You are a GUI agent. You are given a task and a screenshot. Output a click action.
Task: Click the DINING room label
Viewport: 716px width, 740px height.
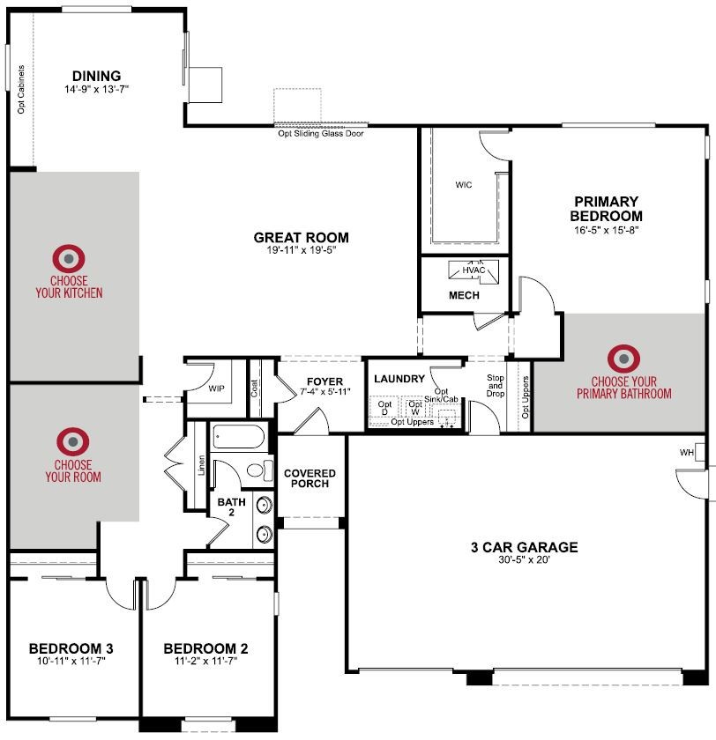coord(97,76)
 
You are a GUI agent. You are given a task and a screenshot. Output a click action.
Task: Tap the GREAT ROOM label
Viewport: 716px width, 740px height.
coord(301,237)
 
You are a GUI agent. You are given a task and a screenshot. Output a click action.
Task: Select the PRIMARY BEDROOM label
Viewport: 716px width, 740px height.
coord(605,209)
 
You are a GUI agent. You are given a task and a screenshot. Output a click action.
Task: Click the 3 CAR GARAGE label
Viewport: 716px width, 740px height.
coord(524,547)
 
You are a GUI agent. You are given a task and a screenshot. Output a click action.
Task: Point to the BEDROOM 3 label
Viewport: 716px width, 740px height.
coord(71,649)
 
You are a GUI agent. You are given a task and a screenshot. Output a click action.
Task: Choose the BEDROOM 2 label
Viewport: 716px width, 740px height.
coord(206,649)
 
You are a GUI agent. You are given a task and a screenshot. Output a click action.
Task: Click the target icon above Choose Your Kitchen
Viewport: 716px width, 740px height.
coord(69,258)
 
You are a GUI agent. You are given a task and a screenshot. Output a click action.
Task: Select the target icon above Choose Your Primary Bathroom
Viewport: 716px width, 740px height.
coord(624,358)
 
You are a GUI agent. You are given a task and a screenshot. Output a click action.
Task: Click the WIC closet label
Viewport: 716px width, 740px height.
coord(464,186)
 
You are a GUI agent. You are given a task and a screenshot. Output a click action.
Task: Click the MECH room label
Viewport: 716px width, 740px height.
coord(464,295)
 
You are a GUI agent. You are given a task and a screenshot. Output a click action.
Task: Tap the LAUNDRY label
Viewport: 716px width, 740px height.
coord(399,379)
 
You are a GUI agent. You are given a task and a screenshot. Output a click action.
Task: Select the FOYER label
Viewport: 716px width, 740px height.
coord(325,381)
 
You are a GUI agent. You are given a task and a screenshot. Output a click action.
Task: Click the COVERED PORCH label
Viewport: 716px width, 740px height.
coord(310,478)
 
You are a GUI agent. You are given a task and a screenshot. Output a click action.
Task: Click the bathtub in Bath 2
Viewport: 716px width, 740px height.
coord(239,438)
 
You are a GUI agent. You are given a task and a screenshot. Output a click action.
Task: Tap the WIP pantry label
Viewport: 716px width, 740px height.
coord(216,388)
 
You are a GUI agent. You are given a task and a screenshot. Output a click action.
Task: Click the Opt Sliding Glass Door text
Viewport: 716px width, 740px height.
coord(321,134)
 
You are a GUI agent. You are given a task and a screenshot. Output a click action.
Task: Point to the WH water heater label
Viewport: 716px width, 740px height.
coord(687,454)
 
